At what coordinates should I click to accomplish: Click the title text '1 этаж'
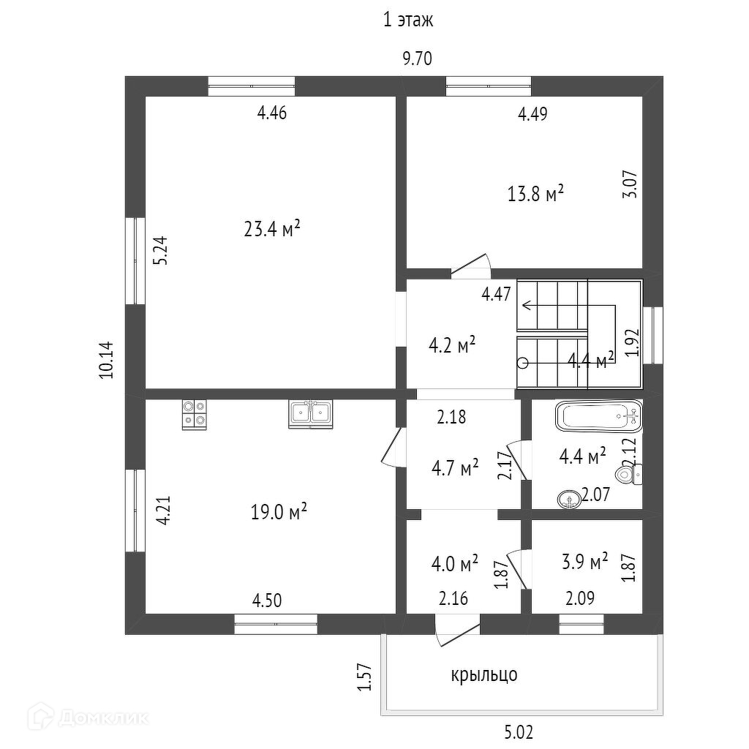(x=409, y=20)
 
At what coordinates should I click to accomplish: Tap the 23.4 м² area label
(x=272, y=230)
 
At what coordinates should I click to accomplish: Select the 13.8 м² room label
(x=535, y=194)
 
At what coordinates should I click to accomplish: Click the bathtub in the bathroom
(x=599, y=418)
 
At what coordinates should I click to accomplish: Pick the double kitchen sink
(x=311, y=413)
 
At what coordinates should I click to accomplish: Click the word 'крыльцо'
(x=483, y=674)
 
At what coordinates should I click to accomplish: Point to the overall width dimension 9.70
(x=418, y=60)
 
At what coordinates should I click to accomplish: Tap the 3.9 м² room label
(x=584, y=562)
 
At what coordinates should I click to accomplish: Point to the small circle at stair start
(x=522, y=363)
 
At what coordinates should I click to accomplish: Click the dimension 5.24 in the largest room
(x=161, y=250)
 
